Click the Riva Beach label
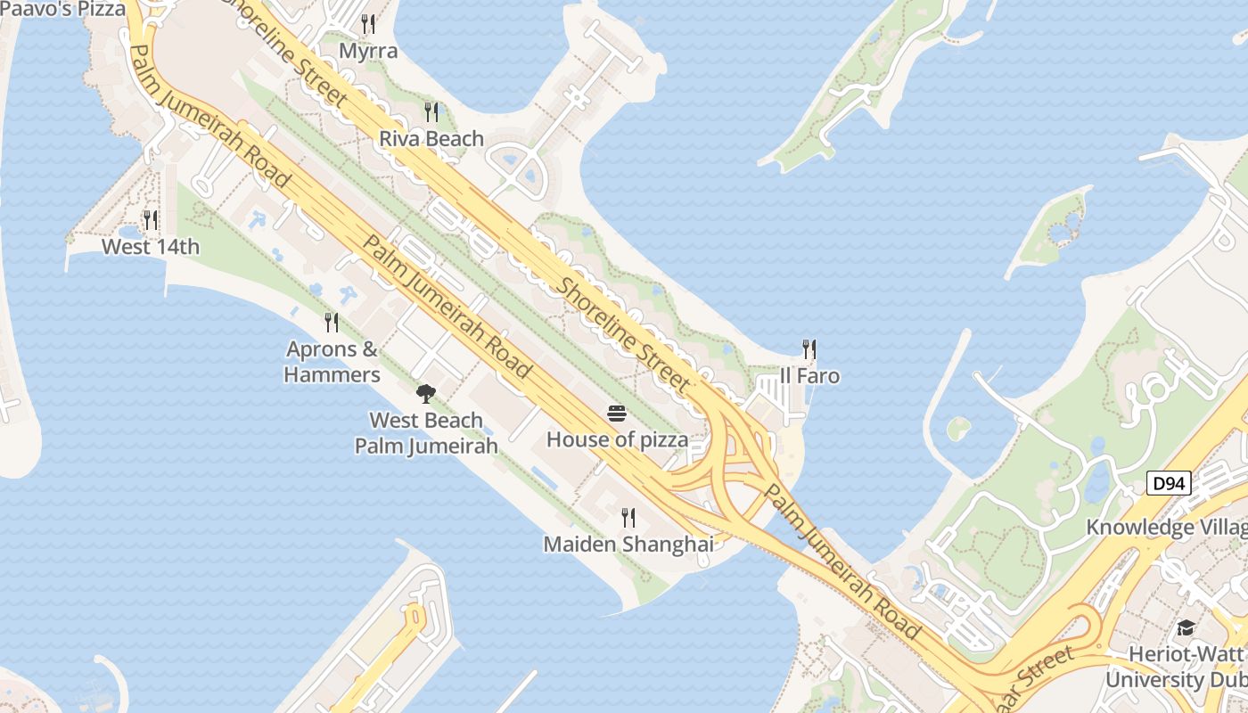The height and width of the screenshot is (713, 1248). [431, 139]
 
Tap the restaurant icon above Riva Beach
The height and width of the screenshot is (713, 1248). [431, 111]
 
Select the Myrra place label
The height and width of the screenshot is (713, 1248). [368, 51]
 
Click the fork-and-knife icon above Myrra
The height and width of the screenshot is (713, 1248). [368, 23]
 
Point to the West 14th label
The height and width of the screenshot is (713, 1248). [151, 247]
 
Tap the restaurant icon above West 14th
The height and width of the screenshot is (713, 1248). [151, 219]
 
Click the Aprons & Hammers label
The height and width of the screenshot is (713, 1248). [332, 362]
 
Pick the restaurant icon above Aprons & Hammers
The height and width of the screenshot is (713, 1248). [332, 322]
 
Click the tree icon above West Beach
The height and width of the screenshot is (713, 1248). [426, 393]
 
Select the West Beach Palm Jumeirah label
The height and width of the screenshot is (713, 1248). [426, 433]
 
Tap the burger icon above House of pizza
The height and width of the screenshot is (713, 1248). [617, 413]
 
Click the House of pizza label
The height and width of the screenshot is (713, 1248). [617, 439]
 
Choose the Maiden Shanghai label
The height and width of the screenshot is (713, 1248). [628, 544]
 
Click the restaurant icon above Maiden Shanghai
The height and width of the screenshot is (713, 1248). [628, 517]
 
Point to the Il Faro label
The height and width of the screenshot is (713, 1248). [809, 376]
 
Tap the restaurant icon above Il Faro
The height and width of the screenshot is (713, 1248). [809, 348]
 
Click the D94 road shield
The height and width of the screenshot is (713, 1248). [1168, 484]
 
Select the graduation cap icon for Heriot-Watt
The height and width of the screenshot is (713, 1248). [1186, 628]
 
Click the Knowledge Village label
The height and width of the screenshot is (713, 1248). [1166, 528]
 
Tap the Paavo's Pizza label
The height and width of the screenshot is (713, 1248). [62, 9]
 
